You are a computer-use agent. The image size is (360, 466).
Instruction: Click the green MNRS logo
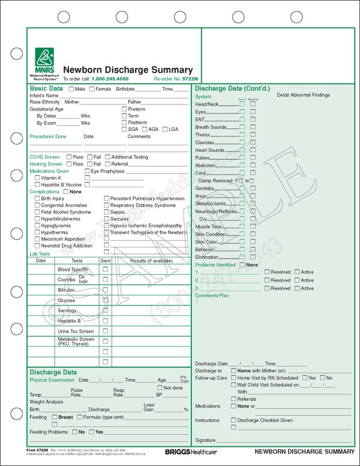click(43, 59)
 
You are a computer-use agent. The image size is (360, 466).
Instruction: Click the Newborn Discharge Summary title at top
click(128, 70)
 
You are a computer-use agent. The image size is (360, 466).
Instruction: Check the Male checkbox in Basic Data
click(71, 89)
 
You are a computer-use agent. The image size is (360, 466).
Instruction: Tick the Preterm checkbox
click(124, 109)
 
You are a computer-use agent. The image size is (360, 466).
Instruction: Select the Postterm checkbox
click(124, 123)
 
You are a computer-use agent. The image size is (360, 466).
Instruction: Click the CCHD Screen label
click(45, 157)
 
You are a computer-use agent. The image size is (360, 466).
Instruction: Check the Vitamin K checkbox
click(38, 178)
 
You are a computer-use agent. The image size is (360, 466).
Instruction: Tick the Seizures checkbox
click(107, 219)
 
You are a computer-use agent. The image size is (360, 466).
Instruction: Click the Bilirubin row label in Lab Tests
click(66, 290)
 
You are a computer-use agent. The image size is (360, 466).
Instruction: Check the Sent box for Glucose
click(106, 300)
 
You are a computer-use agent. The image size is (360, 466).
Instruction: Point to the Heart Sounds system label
click(210, 150)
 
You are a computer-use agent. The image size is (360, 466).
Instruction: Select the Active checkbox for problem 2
click(297, 280)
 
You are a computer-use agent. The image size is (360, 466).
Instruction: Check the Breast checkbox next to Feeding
click(54, 417)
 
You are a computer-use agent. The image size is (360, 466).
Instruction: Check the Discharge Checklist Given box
click(234, 420)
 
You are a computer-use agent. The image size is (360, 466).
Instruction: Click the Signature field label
click(205, 440)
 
